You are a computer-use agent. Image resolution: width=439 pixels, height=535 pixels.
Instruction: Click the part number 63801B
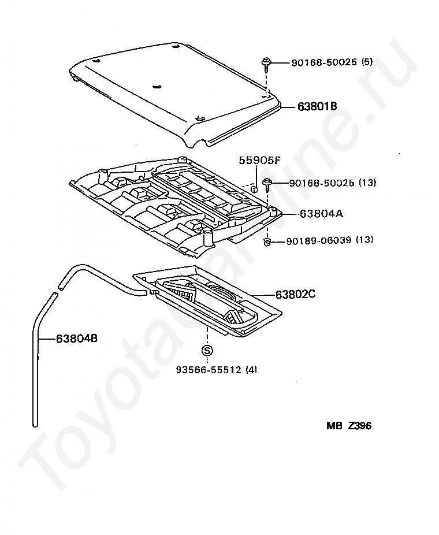pos(317,106)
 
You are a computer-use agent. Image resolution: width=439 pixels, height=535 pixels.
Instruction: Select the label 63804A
pos(321,213)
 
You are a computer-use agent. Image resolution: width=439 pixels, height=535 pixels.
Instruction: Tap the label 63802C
pos(295,294)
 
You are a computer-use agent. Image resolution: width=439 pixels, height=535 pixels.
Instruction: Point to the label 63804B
pos(77,339)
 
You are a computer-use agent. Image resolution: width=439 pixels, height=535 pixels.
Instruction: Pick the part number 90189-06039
pos(318,240)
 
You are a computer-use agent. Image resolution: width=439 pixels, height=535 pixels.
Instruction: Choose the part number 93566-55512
pos(209,370)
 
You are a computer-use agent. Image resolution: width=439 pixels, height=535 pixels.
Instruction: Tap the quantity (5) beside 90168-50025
pos(367,62)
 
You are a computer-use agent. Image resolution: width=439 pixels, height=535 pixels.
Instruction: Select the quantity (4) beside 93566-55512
pos(251,370)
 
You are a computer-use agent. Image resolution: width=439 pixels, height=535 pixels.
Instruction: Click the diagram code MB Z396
pos(348,426)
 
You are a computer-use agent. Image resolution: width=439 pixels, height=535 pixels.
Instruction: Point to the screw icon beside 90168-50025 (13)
pos(269,184)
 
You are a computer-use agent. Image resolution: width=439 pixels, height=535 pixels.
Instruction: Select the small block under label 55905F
pos(253,188)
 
